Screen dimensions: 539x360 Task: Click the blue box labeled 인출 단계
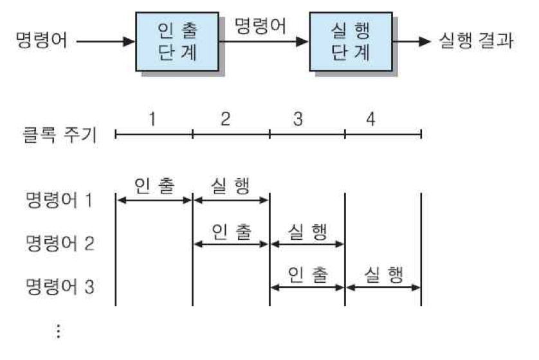[x=176, y=42]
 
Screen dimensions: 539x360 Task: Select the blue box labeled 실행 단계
[x=351, y=42]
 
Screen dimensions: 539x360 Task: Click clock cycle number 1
[x=152, y=119]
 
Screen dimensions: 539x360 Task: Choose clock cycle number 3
[x=297, y=119]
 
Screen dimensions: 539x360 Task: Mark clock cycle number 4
[x=370, y=119]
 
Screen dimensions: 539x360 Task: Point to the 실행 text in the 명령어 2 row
[x=307, y=230]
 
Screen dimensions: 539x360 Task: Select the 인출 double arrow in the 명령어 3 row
[x=307, y=287]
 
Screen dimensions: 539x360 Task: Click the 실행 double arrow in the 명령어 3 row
[x=383, y=287]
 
